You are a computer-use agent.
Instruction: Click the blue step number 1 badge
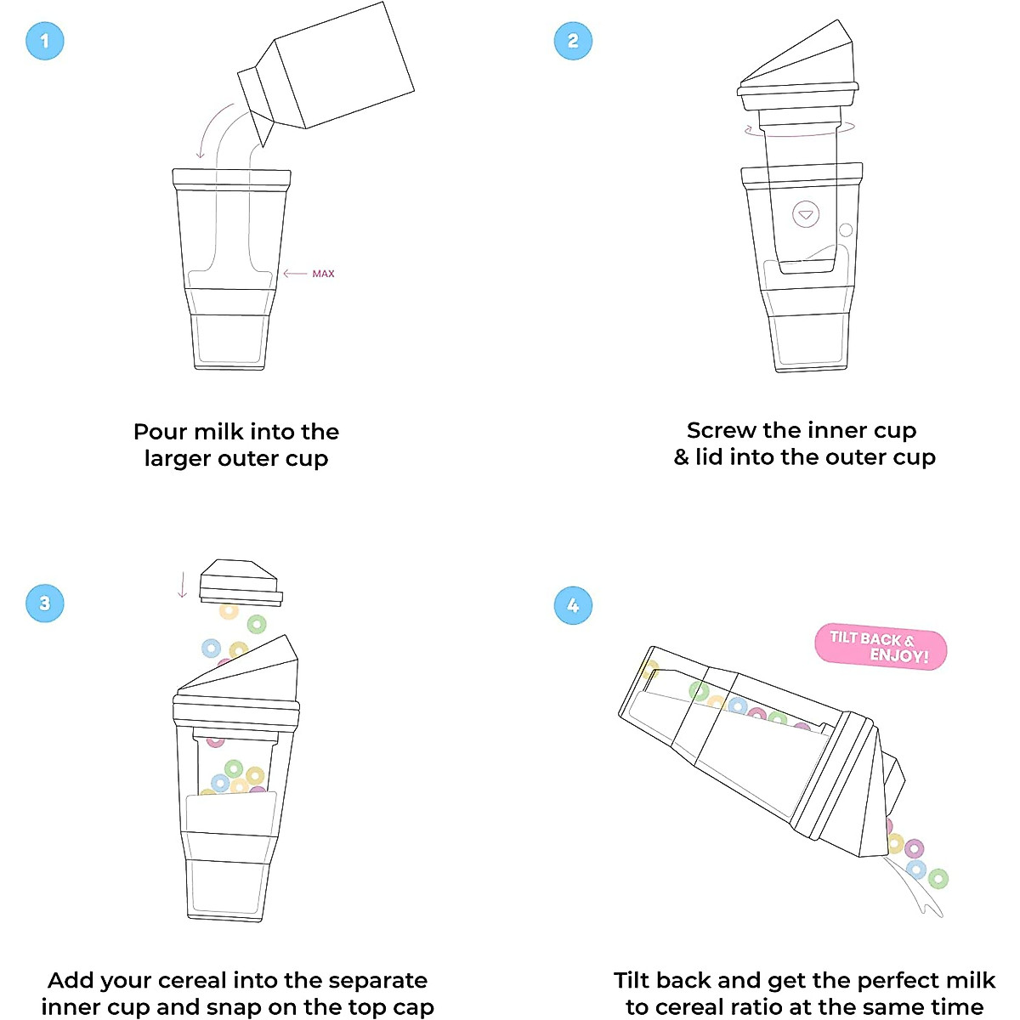coord(45,41)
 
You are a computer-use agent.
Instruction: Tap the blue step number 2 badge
coord(572,41)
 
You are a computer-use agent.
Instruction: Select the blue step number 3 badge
coord(45,603)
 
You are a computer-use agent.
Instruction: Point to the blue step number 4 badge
coord(572,606)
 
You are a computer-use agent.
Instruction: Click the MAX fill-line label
coord(323,274)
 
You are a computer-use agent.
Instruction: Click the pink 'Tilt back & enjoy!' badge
coord(880,649)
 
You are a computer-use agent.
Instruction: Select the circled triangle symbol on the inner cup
coord(806,215)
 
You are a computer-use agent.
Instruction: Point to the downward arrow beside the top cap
coord(182,585)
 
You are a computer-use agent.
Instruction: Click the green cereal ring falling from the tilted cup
coord(938,878)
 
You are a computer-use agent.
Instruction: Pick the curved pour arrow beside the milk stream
coord(212,127)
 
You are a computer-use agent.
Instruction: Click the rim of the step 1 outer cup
coord(231,178)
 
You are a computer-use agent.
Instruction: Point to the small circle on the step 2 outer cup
coord(846,230)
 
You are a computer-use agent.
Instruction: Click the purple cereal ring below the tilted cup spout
coord(914,848)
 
